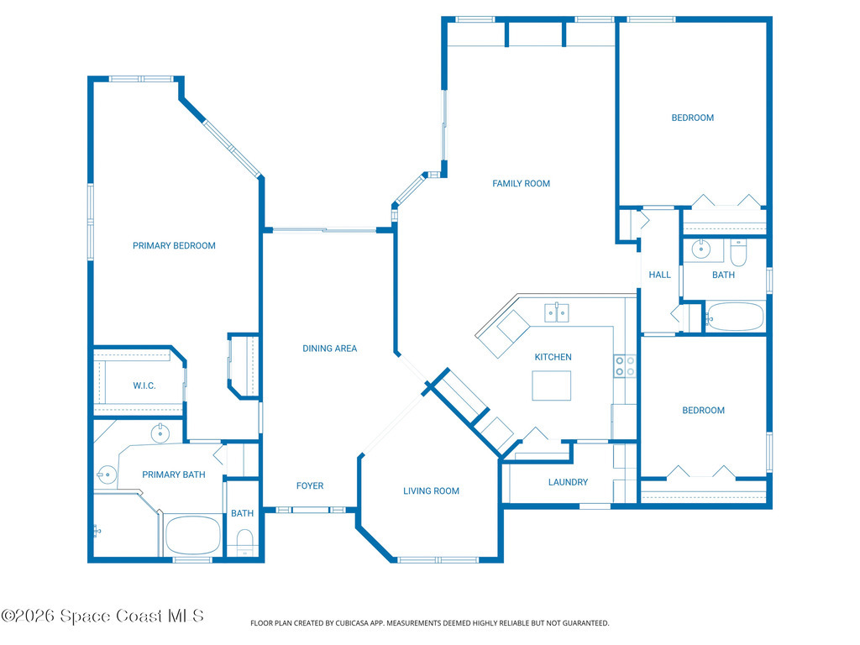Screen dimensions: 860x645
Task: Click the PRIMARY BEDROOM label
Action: coord(174,246)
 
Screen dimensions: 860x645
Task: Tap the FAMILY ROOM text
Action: coord(521,184)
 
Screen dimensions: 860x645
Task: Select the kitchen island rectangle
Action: coord(551,385)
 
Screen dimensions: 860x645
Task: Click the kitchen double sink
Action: coord(557,312)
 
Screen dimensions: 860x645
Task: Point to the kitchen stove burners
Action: coord(625,366)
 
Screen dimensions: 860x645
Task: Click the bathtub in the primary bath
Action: coord(192,535)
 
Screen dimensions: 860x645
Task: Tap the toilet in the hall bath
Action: coord(738,252)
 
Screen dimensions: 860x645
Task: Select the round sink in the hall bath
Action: coord(700,249)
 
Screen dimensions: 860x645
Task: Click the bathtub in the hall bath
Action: coord(734,317)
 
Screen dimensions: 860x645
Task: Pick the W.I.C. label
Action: coord(144,385)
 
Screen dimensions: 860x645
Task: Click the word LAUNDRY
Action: coord(568,482)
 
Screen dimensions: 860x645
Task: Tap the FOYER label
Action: coord(310,486)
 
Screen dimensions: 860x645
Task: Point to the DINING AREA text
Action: coord(329,349)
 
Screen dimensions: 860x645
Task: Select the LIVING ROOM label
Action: coord(431,490)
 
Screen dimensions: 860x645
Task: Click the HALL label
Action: coord(660,275)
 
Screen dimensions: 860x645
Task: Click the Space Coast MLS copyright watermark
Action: coord(102,616)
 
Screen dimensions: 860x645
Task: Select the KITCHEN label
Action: coord(553,357)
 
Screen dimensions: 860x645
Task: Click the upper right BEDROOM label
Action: coord(693,118)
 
